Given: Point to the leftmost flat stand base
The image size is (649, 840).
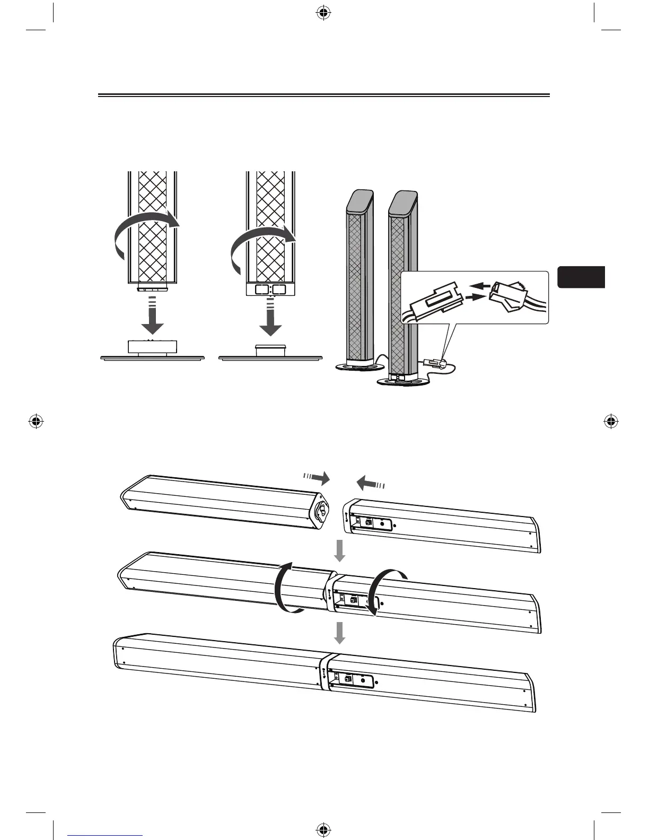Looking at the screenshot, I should tap(152, 357).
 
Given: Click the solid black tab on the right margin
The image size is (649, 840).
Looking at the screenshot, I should tap(581, 277).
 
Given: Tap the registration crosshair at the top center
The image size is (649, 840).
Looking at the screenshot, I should tap(322, 13).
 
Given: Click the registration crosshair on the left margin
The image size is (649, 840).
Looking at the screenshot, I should tap(36, 422).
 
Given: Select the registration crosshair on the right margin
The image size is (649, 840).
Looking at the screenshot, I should tap(611, 422).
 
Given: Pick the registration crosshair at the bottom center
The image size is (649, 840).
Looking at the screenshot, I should tap(322, 828).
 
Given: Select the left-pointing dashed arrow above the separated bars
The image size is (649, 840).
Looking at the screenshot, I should tap(370, 483).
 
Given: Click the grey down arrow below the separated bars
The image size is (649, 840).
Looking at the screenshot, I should tap(339, 552).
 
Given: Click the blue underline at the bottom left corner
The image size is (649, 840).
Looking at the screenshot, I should tap(105, 835).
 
